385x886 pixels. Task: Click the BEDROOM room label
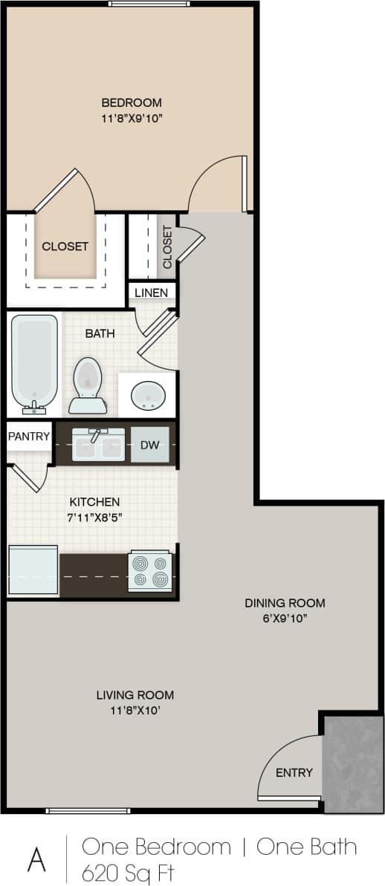132,102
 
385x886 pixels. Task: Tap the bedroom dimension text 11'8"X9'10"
132,117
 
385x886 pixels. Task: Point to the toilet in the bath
88,385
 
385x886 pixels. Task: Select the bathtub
34,364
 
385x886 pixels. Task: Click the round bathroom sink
148,396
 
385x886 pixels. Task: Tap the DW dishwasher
150,445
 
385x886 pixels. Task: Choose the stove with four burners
150,571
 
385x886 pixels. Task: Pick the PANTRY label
29,437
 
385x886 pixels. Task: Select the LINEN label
151,293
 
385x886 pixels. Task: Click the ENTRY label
294,772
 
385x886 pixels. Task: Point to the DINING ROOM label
285,603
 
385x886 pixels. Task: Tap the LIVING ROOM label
135,695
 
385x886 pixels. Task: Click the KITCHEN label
94,502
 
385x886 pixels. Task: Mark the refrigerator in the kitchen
33,570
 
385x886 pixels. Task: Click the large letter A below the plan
36,859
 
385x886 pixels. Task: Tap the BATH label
100,333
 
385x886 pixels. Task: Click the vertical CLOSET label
167,247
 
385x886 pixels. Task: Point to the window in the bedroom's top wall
149,4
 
